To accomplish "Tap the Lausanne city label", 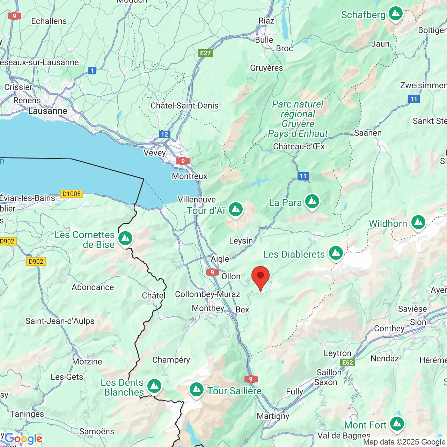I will coord(47,111).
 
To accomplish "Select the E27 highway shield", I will coord(205,53).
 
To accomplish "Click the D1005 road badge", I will coord(72,194).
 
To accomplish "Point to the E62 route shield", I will coord(347,362).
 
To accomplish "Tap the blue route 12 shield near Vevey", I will coord(164,134).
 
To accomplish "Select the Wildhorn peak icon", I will coord(418,222).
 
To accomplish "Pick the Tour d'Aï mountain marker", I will coord(236,210).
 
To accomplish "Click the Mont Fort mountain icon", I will coord(397,424).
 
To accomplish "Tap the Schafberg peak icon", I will coord(396,14).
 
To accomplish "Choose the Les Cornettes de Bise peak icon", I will coord(125,239).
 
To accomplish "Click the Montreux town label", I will coord(190,176).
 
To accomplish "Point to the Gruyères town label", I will coord(266,68).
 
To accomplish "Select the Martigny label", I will coord(273,416).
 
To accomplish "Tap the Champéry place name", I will coord(171,360).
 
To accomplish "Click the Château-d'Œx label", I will coord(299,147).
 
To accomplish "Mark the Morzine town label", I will coord(87,362).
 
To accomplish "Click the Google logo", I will coord(24,439).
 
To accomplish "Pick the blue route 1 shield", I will coord(92,71).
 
